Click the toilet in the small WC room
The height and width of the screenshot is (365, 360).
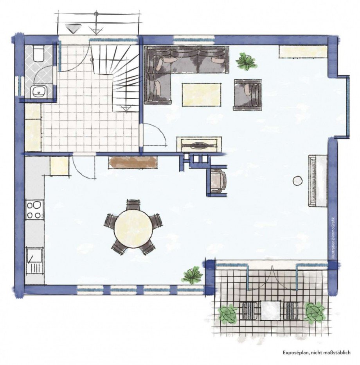(38, 53)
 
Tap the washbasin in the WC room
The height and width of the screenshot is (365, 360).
(38, 91)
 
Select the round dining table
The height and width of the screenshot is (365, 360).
(133, 229)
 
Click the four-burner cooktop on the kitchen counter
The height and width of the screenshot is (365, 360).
(34, 209)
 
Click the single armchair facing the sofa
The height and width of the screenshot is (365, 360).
(247, 95)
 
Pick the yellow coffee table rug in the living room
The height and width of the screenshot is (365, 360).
(202, 95)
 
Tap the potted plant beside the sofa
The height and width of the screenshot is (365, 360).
(246, 61)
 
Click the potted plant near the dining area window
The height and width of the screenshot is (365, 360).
(193, 275)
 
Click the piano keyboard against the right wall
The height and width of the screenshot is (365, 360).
(318, 181)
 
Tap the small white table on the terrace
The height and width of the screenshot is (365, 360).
(270, 310)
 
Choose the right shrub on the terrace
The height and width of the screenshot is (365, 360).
(314, 313)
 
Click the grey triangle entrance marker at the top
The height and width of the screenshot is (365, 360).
(72, 28)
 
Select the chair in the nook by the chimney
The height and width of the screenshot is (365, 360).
(218, 181)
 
